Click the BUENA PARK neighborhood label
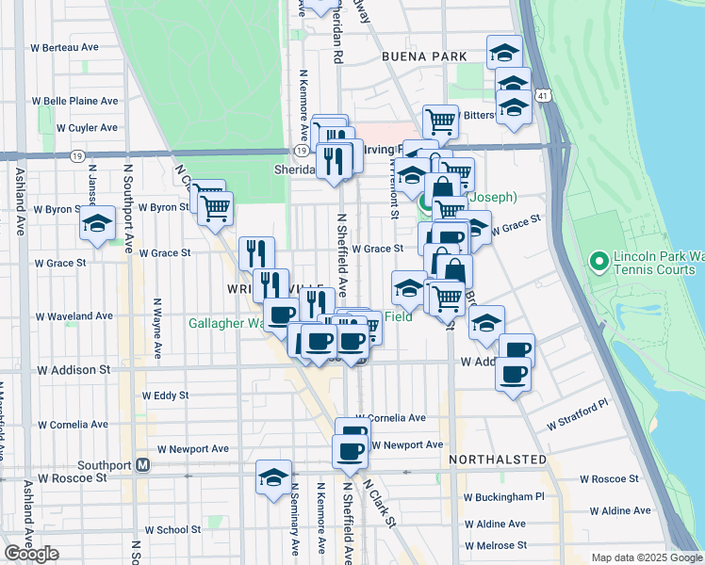point(424,56)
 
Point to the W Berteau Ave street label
point(64,46)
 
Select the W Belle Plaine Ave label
point(75,101)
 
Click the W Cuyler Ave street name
point(87,128)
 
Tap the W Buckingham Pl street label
point(504,496)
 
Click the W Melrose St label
point(495,545)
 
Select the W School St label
point(168,530)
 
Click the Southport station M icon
point(143,465)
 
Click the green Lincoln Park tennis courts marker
point(597,260)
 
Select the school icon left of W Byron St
point(97,222)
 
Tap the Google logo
point(31,554)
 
